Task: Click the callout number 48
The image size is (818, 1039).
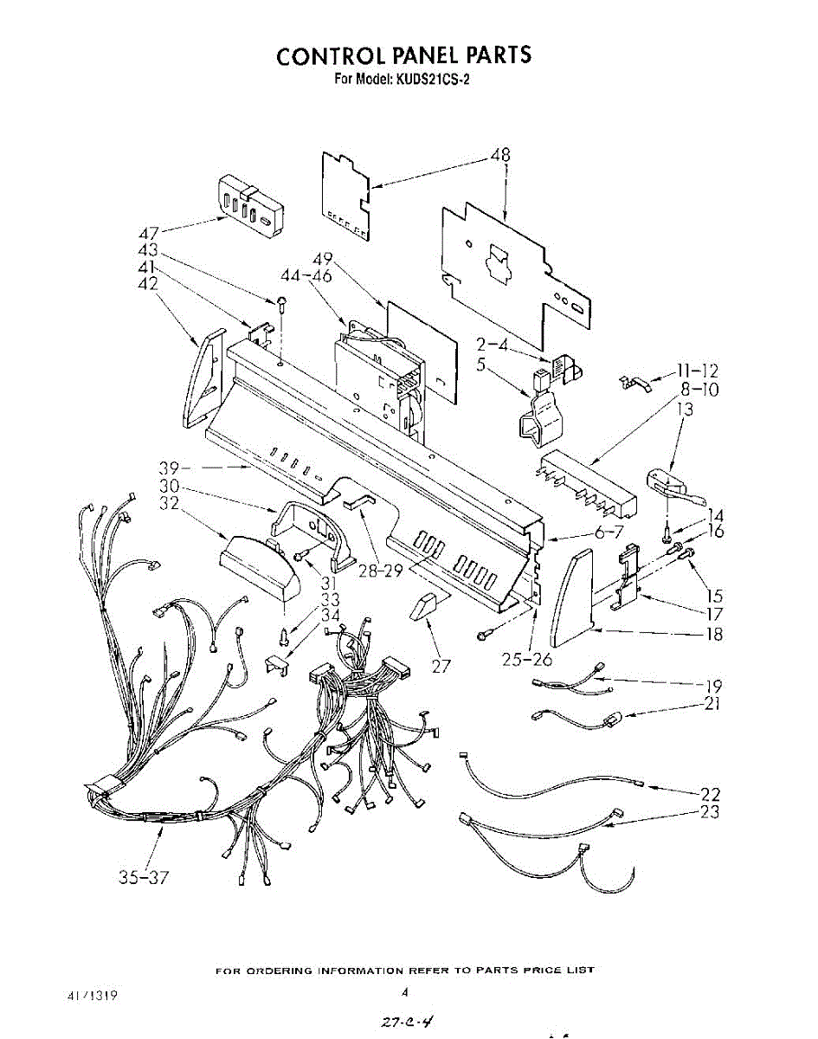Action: coord(499,156)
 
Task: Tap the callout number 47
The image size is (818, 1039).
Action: coord(149,232)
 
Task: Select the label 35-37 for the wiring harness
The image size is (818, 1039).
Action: coord(143,877)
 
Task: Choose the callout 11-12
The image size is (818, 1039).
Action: coord(698,372)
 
